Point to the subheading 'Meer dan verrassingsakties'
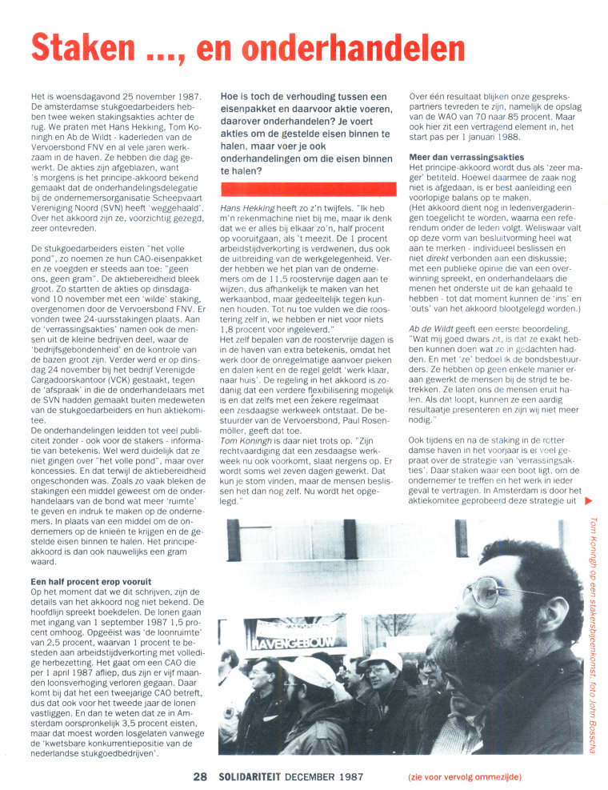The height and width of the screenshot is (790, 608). tap(466, 157)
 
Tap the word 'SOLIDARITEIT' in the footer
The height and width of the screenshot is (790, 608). tap(253, 776)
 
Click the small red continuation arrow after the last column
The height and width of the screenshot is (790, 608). tap(590, 501)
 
